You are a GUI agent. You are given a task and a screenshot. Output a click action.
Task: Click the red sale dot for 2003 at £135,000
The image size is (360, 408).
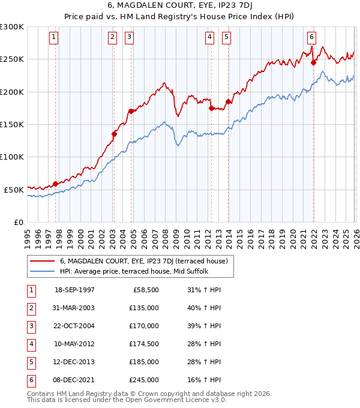click(x=114, y=134)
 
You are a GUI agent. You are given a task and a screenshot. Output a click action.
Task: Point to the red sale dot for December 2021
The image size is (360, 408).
click(x=313, y=62)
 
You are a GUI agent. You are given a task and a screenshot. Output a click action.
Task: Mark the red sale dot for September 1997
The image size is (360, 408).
click(x=56, y=184)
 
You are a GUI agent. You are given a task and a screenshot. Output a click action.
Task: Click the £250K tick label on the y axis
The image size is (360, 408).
click(x=12, y=59)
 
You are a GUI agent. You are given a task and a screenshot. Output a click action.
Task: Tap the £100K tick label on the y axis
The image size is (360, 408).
click(x=12, y=157)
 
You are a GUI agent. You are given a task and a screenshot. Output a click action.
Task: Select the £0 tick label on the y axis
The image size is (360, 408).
click(x=18, y=222)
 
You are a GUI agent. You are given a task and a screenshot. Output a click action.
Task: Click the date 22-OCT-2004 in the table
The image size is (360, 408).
click(x=75, y=326)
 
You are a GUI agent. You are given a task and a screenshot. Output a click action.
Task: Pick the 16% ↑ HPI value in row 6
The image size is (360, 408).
click(x=204, y=380)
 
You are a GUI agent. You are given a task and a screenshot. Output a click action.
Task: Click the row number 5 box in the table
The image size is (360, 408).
click(x=30, y=362)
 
